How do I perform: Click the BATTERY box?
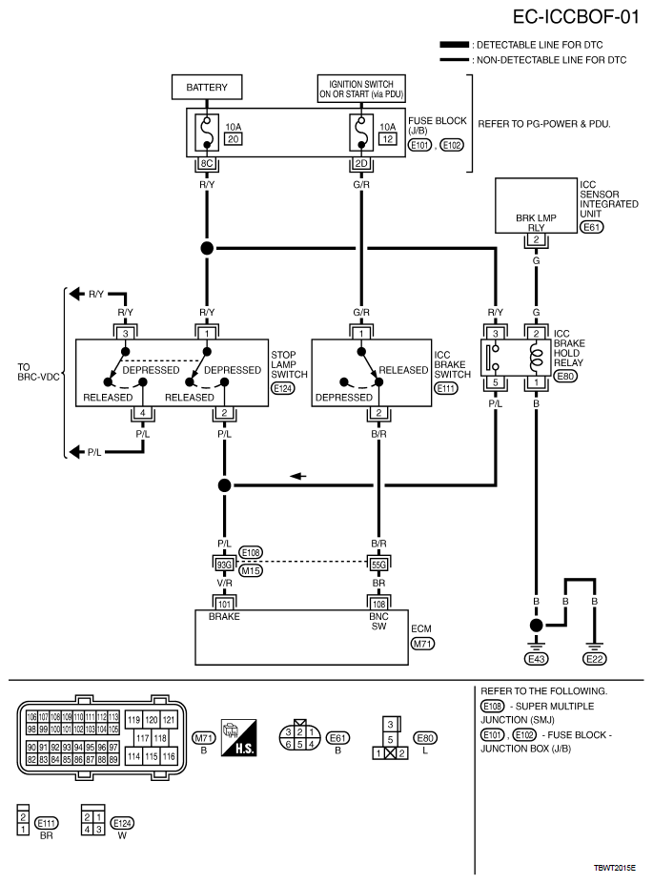click(207, 88)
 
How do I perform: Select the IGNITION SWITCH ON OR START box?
click(361, 89)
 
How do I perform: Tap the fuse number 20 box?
click(234, 138)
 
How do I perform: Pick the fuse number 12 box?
click(388, 138)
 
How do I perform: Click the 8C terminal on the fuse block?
click(207, 163)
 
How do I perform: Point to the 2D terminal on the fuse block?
click(361, 163)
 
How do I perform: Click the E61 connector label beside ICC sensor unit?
click(592, 227)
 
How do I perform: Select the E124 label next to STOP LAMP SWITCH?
click(283, 388)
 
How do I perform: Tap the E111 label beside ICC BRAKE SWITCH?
click(446, 388)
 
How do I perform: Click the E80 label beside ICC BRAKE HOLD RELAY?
click(565, 376)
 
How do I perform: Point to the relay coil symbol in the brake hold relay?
click(537, 358)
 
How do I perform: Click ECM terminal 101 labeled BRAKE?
click(224, 605)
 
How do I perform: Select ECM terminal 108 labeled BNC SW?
click(378, 605)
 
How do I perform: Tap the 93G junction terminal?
click(224, 565)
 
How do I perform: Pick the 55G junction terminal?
click(378, 565)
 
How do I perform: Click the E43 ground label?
click(537, 659)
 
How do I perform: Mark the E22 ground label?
click(595, 659)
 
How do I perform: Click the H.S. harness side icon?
click(239, 737)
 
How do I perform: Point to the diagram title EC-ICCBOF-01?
click(576, 17)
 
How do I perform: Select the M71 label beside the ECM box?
click(422, 644)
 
